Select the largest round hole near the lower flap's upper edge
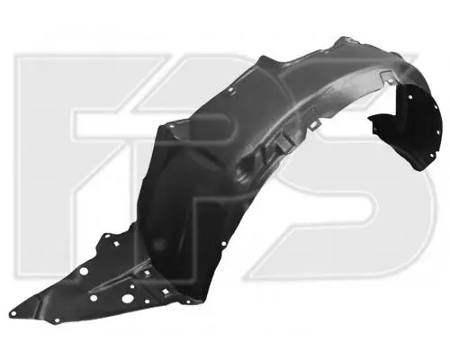[84, 272]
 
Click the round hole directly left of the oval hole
[94, 298]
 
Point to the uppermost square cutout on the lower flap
[115, 244]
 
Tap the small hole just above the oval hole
[131, 286]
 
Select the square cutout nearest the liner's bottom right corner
[165, 292]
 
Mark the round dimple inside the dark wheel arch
[158, 244]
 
